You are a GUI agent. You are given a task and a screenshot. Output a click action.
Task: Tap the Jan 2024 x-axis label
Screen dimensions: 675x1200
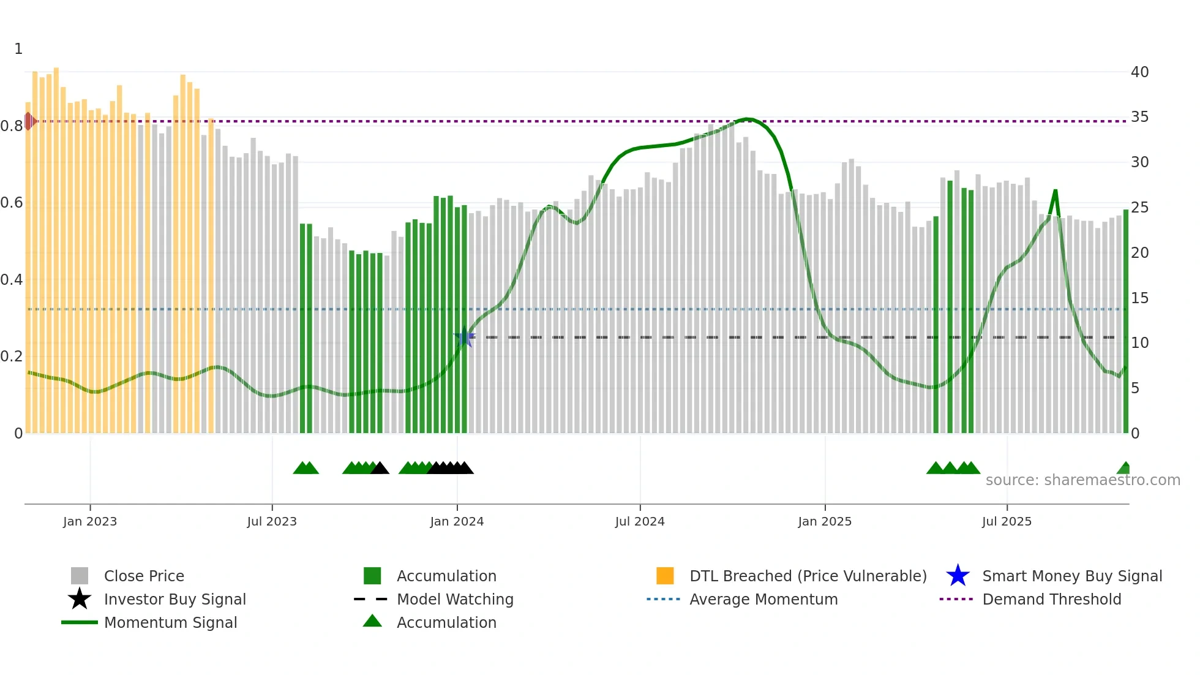(x=457, y=521)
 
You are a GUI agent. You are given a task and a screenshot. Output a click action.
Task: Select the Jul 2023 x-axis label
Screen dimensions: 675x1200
(x=272, y=521)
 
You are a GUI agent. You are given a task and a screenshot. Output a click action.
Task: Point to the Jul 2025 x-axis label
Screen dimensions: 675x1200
(x=1007, y=521)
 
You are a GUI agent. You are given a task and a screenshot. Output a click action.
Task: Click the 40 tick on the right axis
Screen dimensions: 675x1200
(x=1139, y=72)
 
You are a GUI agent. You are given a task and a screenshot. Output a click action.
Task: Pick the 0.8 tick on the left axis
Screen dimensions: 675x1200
(x=12, y=126)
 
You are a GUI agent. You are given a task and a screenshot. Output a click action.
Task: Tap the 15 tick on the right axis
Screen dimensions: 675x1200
(x=1139, y=298)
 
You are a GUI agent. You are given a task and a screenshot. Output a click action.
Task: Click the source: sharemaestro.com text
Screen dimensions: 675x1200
(x=1082, y=480)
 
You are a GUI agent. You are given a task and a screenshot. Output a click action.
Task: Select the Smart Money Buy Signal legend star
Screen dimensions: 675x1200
(x=958, y=576)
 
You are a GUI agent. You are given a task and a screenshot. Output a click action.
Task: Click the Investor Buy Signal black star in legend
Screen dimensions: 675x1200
(x=80, y=599)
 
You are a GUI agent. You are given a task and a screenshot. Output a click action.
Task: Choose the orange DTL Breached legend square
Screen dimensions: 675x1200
(x=665, y=576)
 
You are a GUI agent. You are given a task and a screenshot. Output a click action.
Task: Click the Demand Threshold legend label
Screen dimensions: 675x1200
(x=1051, y=599)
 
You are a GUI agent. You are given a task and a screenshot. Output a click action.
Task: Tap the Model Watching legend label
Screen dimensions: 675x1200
(x=455, y=599)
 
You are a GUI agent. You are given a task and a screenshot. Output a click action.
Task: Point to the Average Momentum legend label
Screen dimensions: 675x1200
(x=763, y=599)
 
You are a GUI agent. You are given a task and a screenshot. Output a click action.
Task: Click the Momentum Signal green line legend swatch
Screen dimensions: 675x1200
(x=80, y=622)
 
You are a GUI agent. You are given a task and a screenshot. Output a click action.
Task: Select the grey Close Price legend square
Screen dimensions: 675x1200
(x=80, y=576)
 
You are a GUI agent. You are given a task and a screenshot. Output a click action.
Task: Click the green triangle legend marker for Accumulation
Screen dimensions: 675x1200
(x=372, y=621)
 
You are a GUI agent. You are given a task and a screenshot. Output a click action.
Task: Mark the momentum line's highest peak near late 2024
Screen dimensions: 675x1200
(x=747, y=119)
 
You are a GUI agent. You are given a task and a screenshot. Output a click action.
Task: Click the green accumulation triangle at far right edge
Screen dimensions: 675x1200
(x=1124, y=469)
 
